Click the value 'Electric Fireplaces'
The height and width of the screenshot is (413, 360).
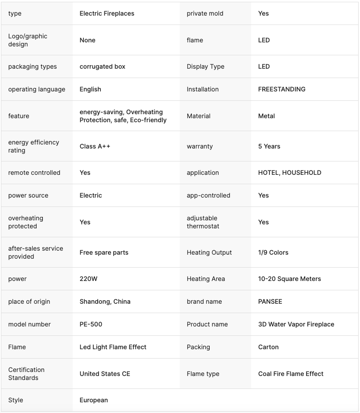point(107,13)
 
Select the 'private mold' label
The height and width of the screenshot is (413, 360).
point(205,13)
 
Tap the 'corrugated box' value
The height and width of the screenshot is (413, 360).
point(102,66)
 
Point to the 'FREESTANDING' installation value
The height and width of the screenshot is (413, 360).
point(281,89)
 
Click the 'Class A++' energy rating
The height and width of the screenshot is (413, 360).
point(95,146)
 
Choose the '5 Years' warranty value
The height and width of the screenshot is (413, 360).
point(269,146)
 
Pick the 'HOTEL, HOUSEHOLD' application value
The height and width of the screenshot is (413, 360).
point(290,173)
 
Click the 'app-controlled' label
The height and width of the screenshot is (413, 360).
point(208,195)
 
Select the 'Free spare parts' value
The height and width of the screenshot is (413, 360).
point(104,252)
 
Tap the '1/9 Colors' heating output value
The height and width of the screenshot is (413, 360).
point(273,252)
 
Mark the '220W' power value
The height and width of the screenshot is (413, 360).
point(88,279)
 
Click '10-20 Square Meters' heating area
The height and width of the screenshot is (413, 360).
point(290,279)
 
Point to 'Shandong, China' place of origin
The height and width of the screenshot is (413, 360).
point(105,301)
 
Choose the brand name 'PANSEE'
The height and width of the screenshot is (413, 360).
point(270,301)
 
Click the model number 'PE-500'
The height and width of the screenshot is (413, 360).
point(91,324)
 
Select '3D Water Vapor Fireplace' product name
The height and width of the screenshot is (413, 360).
point(296,324)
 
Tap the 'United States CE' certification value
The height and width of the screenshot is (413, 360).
point(105,374)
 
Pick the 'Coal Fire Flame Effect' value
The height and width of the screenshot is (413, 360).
point(290,374)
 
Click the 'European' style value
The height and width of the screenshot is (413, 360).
point(94,400)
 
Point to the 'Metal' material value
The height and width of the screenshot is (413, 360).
point(266,116)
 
